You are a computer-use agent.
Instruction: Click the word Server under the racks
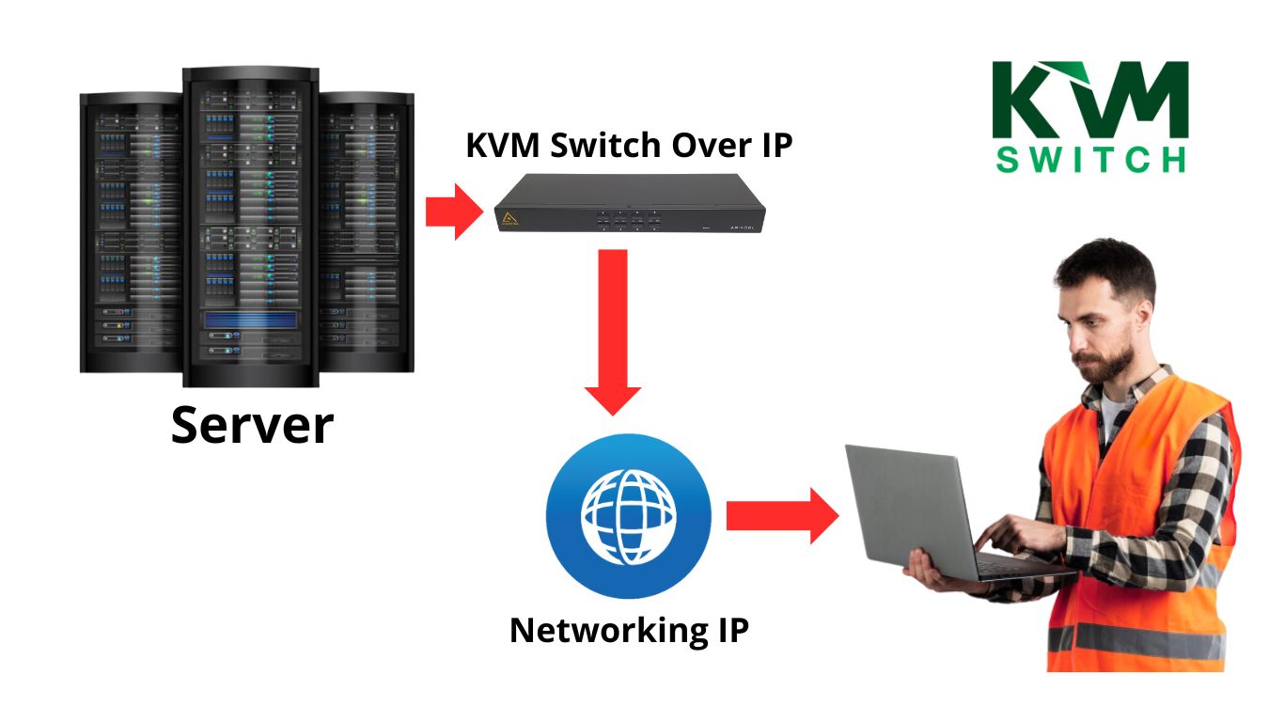(x=252, y=425)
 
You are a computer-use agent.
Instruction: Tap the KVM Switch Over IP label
(x=629, y=146)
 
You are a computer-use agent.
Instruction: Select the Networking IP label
(x=629, y=630)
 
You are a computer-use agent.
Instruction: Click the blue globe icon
(x=628, y=515)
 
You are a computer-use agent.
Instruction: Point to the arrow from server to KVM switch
(x=453, y=212)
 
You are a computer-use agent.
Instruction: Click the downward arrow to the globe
(x=612, y=329)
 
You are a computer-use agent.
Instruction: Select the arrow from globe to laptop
(x=781, y=515)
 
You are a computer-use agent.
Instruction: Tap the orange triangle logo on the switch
(x=512, y=220)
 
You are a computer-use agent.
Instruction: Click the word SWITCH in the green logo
(x=1090, y=158)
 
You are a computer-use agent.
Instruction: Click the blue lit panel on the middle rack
(x=250, y=321)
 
